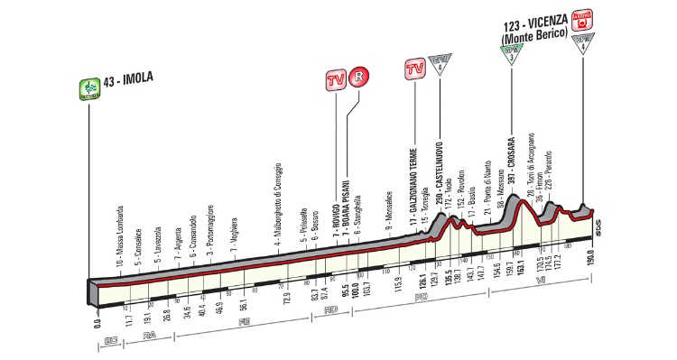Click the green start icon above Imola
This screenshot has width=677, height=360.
coord(88,88)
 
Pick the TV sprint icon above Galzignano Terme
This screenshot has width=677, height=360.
coord(415,69)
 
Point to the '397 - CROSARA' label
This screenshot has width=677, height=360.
coord(511,168)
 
